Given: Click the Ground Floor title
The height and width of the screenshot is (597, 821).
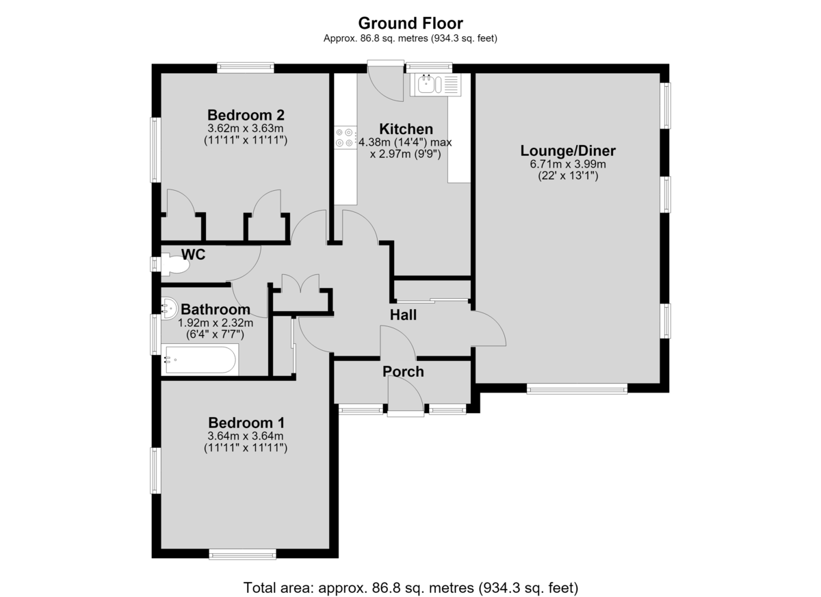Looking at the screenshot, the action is pyautogui.click(x=410, y=23).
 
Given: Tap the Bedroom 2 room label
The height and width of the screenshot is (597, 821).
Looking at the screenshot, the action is pyautogui.click(x=246, y=115).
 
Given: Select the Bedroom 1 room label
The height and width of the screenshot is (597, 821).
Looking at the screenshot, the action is pyautogui.click(x=246, y=423).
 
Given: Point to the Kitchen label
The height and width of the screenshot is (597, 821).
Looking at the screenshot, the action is pyautogui.click(x=406, y=129).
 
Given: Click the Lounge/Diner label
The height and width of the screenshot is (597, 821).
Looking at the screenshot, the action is pyautogui.click(x=568, y=151).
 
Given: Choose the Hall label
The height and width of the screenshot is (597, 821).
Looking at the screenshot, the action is pyautogui.click(x=403, y=315).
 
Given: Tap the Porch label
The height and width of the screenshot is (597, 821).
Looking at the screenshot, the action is pyautogui.click(x=403, y=372).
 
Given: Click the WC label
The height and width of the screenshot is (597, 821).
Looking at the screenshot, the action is pyautogui.click(x=193, y=254).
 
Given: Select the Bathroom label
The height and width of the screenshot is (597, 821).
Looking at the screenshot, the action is pyautogui.click(x=216, y=310).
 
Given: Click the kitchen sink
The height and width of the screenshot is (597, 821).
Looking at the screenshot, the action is pyautogui.click(x=435, y=85).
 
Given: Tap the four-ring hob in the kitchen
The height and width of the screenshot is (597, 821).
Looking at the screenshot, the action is pyautogui.click(x=345, y=137).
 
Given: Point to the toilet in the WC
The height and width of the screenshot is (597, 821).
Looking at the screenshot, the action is pyautogui.click(x=175, y=264).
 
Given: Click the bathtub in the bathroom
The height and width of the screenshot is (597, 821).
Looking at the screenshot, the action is pyautogui.click(x=200, y=359).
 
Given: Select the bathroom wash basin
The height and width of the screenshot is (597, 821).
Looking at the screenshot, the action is pyautogui.click(x=170, y=308).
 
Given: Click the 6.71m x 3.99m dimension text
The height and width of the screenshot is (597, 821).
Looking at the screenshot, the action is pyautogui.click(x=568, y=164).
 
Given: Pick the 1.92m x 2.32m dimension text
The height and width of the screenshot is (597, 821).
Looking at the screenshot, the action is pyautogui.click(x=216, y=323).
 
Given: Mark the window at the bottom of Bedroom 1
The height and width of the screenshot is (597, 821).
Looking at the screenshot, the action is pyautogui.click(x=243, y=554).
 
